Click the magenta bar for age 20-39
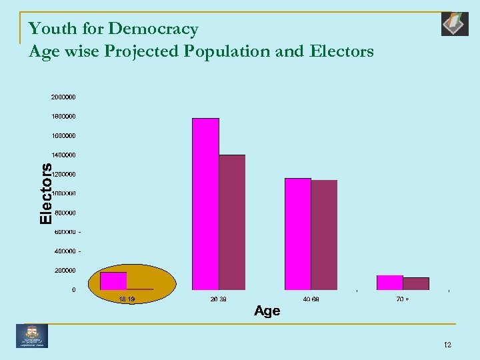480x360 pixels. (x=205, y=204)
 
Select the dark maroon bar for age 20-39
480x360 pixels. (x=232, y=222)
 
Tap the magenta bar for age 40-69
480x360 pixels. (x=298, y=234)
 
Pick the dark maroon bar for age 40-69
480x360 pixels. (x=324, y=235)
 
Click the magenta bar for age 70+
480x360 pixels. (x=390, y=283)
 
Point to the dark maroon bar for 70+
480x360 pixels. (x=416, y=283)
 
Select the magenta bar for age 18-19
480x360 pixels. (x=113, y=281)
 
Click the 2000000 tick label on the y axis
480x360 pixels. (x=63, y=97)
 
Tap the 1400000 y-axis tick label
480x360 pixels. (x=63, y=155)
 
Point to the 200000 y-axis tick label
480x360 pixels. (x=65, y=271)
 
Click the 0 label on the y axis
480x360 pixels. (x=73, y=290)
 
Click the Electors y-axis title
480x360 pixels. (x=46, y=193)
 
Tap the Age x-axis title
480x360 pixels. (x=267, y=311)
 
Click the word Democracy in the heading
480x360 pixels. (x=153, y=29)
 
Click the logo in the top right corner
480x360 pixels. (x=455, y=24)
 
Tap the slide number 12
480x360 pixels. (x=447, y=344)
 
